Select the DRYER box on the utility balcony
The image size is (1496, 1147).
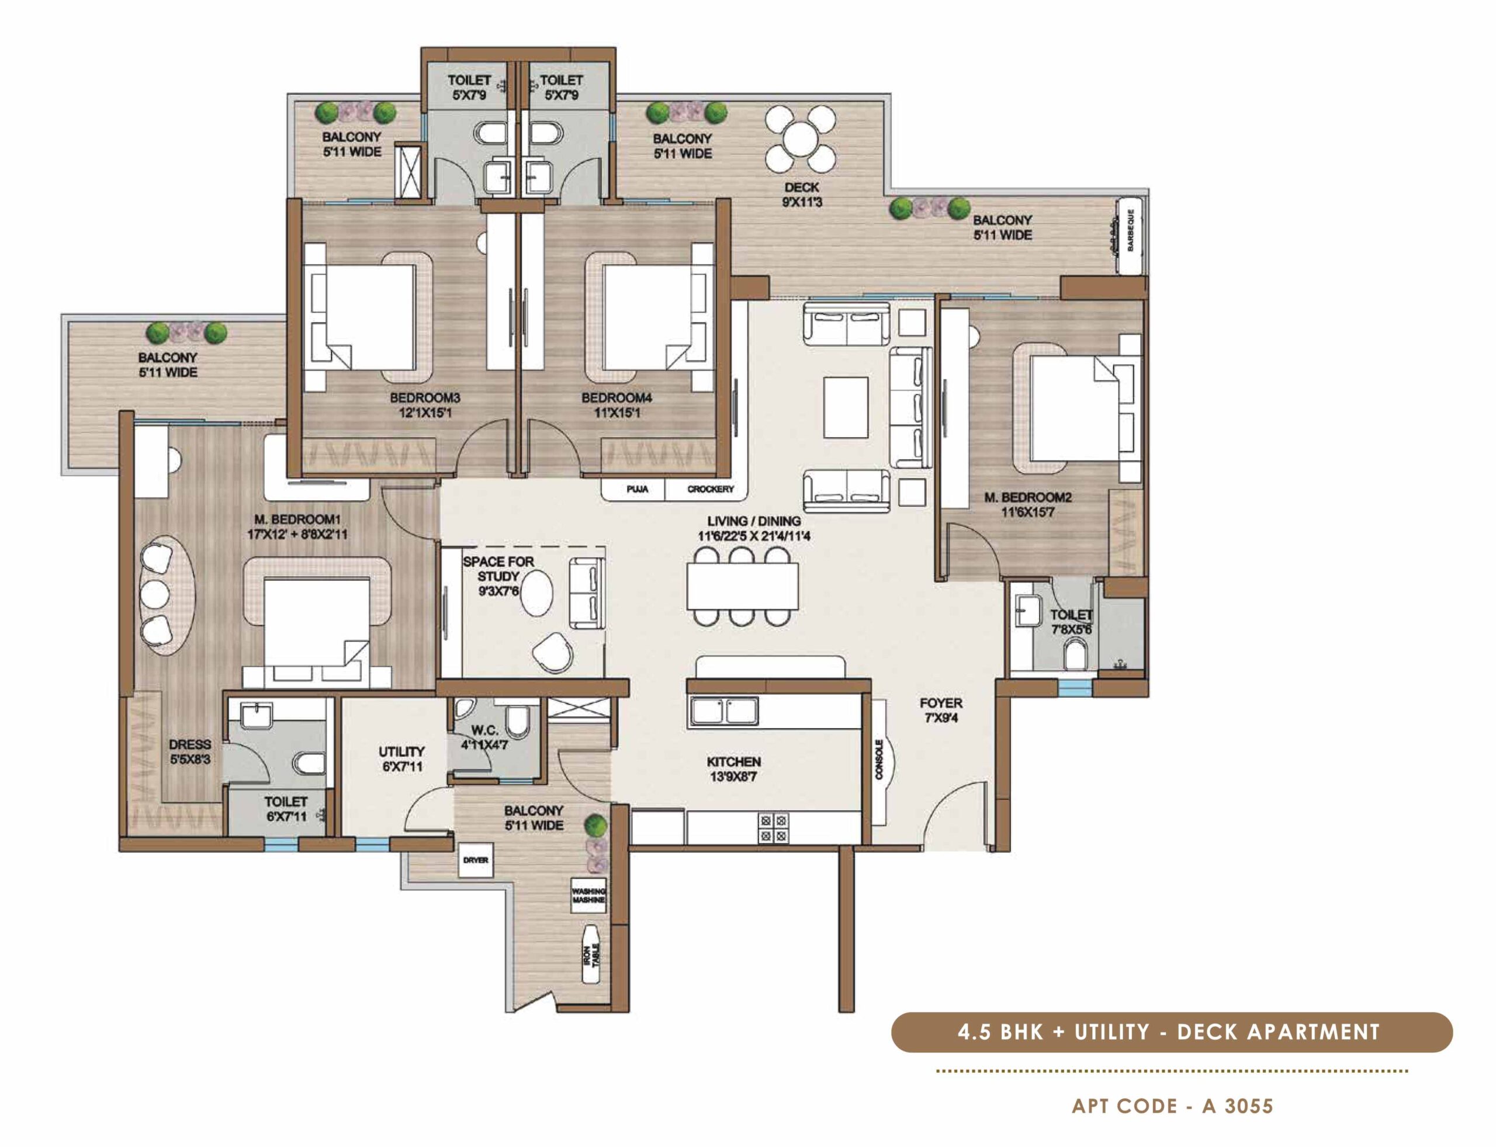pyautogui.click(x=475, y=860)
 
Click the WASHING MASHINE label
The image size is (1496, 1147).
pyautogui.click(x=588, y=896)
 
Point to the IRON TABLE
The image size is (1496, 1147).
pyautogui.click(x=592, y=954)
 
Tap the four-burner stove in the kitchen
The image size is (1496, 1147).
pyautogui.click(x=772, y=827)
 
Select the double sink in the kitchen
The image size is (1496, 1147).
pyautogui.click(x=724, y=711)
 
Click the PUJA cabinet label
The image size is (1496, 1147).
pyautogui.click(x=636, y=490)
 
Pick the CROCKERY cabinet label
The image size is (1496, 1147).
pyautogui.click(x=710, y=490)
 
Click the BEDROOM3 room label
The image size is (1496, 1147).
pyautogui.click(x=425, y=397)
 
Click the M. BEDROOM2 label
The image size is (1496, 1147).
pyautogui.click(x=1027, y=498)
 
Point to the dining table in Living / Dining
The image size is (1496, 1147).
pyautogui.click(x=743, y=587)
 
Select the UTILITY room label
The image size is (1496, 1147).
pyautogui.click(x=401, y=751)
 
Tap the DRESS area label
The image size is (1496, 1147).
pyautogui.click(x=190, y=744)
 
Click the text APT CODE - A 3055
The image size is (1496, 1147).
pyautogui.click(x=1172, y=1106)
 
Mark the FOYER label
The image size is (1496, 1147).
pyautogui.click(x=940, y=702)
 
